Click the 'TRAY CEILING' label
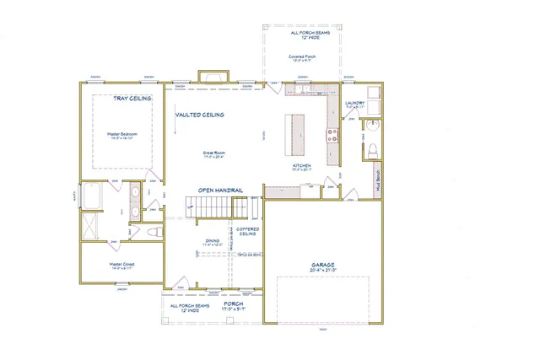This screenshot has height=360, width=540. click(132, 99)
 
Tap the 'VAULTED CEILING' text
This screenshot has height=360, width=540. click(199, 115)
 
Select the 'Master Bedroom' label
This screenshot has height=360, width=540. click(122, 133)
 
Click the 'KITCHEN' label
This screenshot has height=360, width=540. click(302, 166)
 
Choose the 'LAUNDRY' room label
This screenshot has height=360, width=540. click(354, 104)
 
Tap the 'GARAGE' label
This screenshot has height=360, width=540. click(322, 265)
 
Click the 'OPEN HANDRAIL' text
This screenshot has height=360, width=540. click(220, 191)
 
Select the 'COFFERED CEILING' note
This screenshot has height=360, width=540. click(247, 231)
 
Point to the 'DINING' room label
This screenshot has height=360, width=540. click(212, 240)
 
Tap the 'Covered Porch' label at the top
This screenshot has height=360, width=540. click(301, 56)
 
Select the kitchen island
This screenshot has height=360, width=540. click(297, 134)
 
